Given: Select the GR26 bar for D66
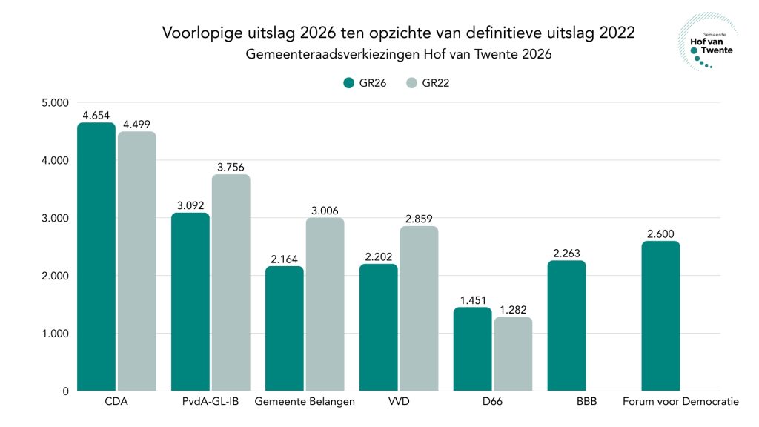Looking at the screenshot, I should click(473, 349).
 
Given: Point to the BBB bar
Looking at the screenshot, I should click(567, 325).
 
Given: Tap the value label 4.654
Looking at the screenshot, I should click(96, 115).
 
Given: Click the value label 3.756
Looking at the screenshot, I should click(231, 167).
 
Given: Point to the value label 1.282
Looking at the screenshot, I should click(513, 310).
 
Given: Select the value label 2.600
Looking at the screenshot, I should click(661, 234).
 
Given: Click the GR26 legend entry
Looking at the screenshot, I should click(364, 83).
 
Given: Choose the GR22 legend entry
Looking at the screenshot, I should click(428, 83).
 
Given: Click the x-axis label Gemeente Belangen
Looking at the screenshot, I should click(305, 402).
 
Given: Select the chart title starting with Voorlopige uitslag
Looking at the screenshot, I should click(399, 33).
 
